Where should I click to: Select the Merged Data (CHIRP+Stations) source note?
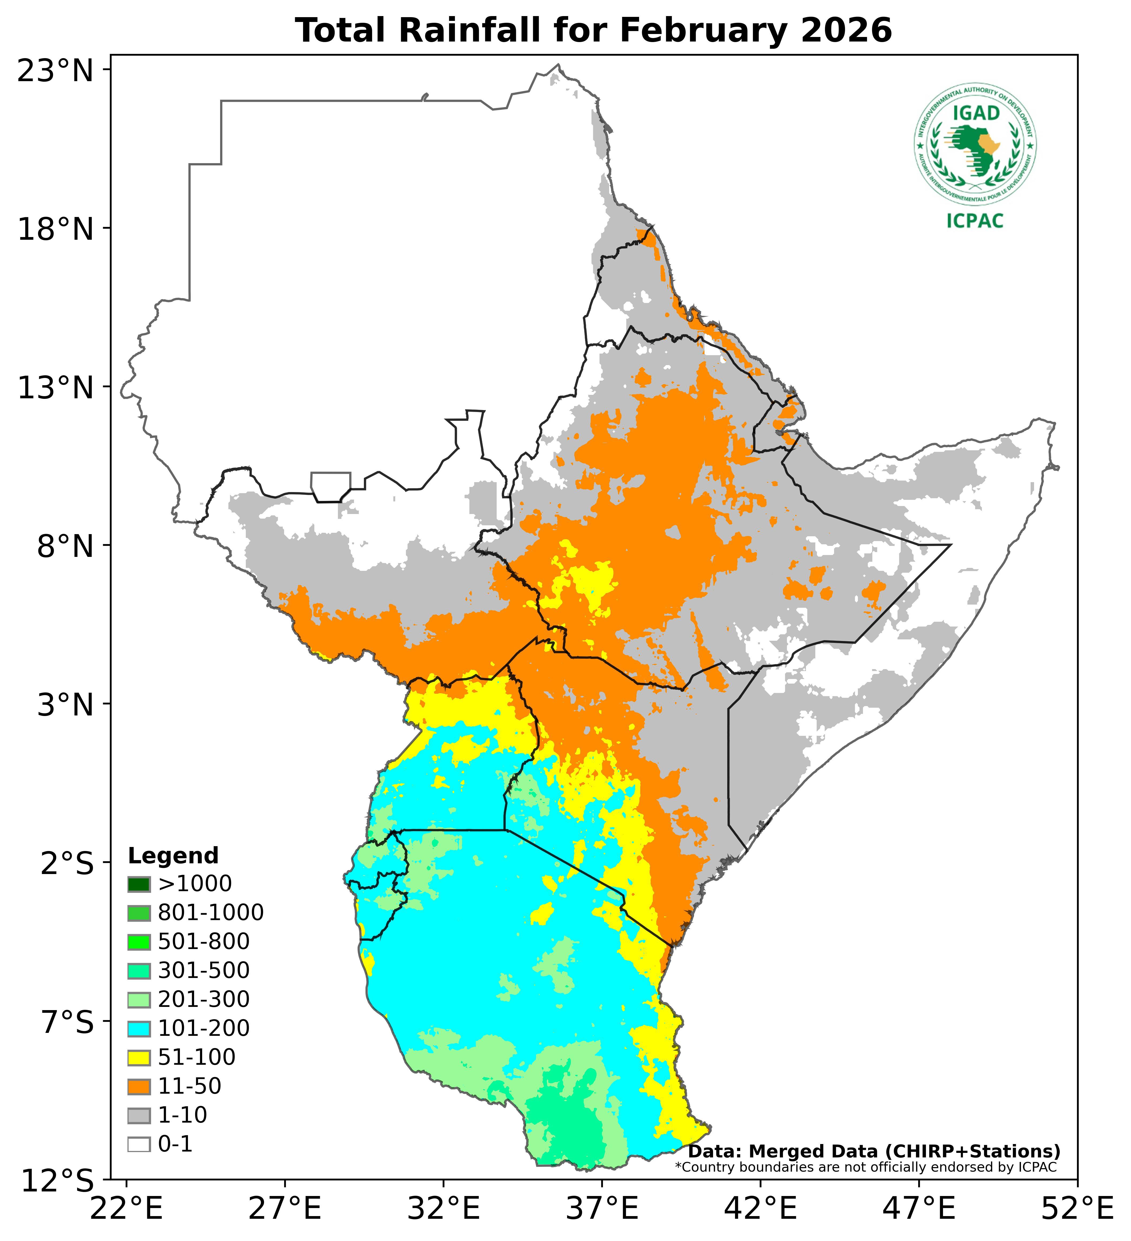pos(874,1151)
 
